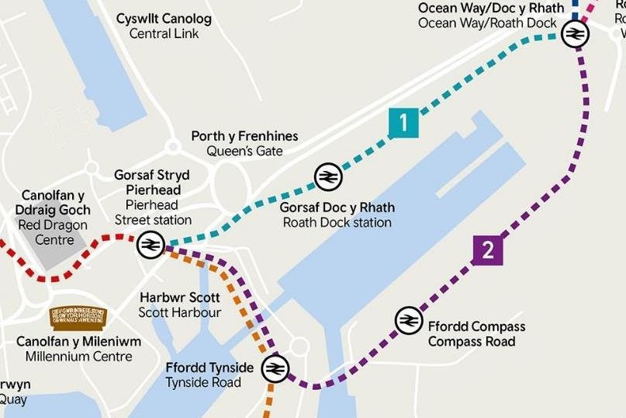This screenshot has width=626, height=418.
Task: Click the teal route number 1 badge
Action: point(403,123)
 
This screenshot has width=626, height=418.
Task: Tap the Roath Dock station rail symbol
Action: point(328,177)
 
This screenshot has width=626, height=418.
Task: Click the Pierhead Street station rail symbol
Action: point(150,246)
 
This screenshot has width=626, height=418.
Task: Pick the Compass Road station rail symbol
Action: point(409,320)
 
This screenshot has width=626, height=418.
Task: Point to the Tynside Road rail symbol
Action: point(275,368)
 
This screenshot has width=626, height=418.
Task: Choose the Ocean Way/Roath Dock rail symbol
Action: point(575,34)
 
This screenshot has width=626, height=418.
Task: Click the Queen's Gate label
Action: point(244,152)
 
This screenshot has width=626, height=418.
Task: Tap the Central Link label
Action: point(164,33)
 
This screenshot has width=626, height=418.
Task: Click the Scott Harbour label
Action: point(180,312)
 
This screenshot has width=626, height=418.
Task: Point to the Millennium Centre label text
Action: point(78,357)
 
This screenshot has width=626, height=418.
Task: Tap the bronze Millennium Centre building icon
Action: point(78,316)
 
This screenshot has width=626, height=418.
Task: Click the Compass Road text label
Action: point(472,341)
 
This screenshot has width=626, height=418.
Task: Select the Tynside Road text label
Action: point(203,382)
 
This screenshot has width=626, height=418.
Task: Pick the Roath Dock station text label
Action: point(337,222)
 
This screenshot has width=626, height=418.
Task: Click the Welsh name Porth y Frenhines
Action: point(244,137)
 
